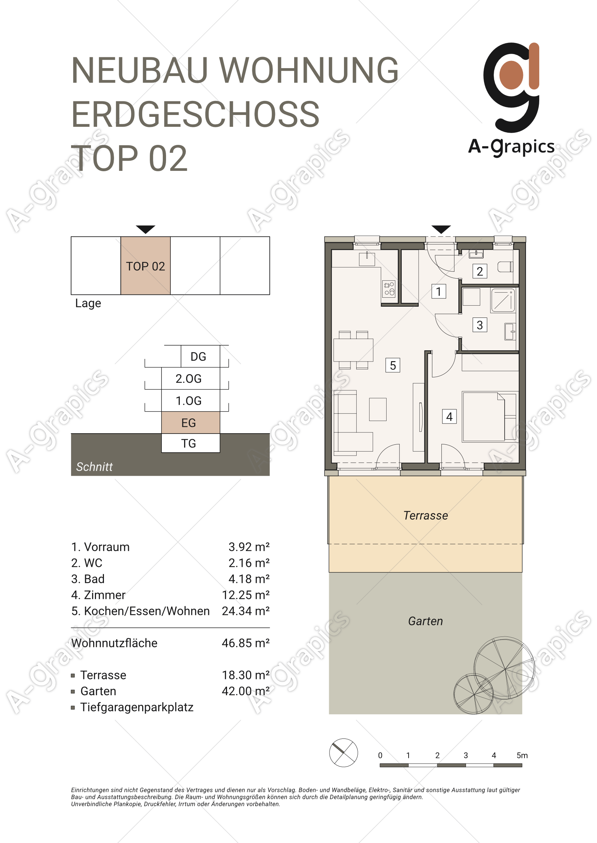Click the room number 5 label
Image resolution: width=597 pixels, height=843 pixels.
393,365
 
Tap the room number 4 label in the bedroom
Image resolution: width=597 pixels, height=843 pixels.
449,417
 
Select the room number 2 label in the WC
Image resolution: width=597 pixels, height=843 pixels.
480,271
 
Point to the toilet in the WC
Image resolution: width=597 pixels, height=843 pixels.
505,267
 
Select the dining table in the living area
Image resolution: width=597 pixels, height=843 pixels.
353,350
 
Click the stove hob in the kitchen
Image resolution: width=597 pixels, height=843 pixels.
389,289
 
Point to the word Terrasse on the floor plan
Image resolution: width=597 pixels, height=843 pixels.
426,515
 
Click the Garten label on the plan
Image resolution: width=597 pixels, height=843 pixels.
425,621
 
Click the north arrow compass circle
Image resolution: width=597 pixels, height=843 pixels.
343,753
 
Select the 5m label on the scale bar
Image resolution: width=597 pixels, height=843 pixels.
522,755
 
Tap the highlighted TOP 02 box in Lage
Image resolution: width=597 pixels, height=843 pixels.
145,266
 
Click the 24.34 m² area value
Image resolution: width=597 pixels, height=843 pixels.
245,611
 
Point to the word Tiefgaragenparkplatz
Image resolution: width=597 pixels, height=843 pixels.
137,707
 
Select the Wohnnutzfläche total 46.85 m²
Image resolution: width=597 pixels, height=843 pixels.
245,643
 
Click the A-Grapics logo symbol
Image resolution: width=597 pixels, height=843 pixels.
511,87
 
